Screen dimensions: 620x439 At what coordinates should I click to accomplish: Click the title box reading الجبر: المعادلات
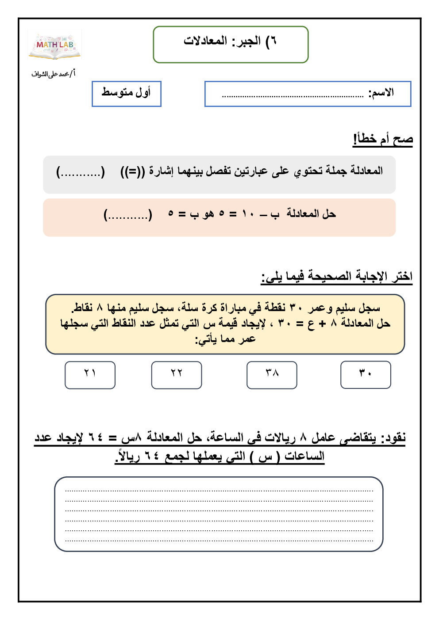(230, 44)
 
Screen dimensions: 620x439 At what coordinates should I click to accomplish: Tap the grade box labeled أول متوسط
(127, 94)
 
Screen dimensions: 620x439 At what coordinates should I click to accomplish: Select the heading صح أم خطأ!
(383, 139)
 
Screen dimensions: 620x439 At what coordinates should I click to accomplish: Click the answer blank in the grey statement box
(81, 171)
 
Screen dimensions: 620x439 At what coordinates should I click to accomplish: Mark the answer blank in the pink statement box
(128, 215)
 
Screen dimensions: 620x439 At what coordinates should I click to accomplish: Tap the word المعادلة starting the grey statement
(367, 171)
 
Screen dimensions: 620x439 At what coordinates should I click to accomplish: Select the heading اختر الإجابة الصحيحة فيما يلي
(337, 277)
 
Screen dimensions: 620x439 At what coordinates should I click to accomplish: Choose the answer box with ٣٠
(366, 375)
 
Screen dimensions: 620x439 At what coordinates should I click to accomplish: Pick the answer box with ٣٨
(272, 375)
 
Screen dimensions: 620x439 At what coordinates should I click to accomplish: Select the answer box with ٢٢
(177, 375)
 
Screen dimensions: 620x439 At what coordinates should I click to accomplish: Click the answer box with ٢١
(90, 375)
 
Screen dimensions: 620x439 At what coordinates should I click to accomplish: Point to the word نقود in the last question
(393, 437)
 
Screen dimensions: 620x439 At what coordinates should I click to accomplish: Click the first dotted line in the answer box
(219, 491)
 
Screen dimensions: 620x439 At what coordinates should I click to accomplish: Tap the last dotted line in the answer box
(219, 540)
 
